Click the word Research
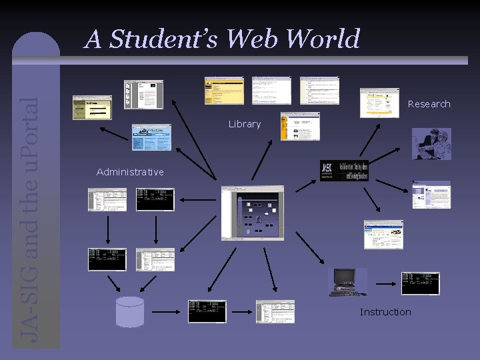click(429, 104)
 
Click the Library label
click(245, 124)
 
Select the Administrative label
click(130, 172)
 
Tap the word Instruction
click(385, 312)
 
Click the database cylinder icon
click(129, 311)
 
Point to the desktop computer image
click(347, 281)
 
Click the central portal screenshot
click(252, 213)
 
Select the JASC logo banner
click(343, 171)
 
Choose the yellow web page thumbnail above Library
click(224, 90)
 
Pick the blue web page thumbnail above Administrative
click(151, 137)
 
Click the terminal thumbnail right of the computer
click(420, 283)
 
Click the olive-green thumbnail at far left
click(92, 107)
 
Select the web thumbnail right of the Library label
click(300, 126)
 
